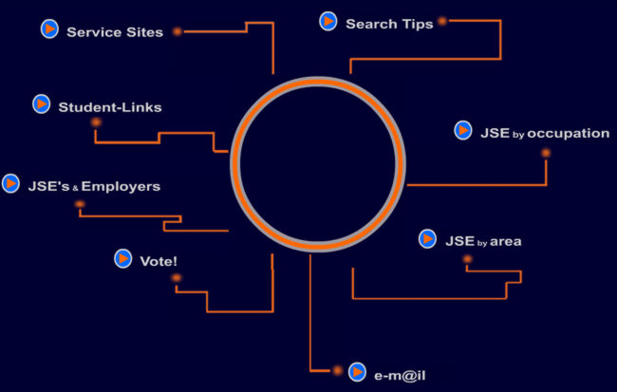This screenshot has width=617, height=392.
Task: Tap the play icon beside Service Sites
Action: (x=49, y=29)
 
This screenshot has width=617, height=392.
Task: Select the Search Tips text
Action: (x=389, y=24)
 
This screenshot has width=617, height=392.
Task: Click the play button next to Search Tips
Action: (x=328, y=21)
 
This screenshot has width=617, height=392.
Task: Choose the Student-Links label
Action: (x=110, y=107)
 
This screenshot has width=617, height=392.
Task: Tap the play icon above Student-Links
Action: (x=41, y=103)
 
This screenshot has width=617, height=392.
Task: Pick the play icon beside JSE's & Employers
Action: (x=11, y=182)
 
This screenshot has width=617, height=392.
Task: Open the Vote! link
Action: (x=159, y=261)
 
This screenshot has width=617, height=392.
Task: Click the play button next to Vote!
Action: (x=122, y=258)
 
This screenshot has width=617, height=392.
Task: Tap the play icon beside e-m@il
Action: (x=358, y=372)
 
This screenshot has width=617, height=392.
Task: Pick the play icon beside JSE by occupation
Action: (x=463, y=130)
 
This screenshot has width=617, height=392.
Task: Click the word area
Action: (x=506, y=241)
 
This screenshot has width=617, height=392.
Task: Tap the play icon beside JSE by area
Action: (x=428, y=239)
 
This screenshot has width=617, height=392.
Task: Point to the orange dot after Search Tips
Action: (x=441, y=20)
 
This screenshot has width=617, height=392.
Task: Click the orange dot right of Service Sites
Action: (x=176, y=31)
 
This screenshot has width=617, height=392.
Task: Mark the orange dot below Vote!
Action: (x=176, y=278)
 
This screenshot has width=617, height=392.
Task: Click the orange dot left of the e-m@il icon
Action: (x=336, y=370)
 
